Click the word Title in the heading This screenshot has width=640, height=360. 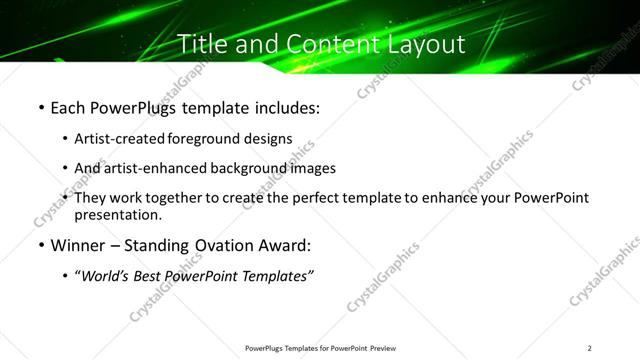[201, 44]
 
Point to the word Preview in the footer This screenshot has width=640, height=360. [377, 348]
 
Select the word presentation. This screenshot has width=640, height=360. [117, 214]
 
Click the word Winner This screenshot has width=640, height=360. [76, 245]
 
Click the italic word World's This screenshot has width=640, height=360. [106, 276]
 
